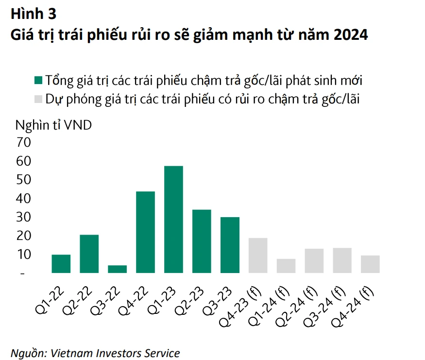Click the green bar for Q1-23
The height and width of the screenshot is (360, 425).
(173, 220)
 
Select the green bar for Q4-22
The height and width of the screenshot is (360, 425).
(145, 232)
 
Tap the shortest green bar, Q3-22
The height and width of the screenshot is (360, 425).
(117, 269)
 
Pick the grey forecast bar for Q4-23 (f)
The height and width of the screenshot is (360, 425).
(258, 256)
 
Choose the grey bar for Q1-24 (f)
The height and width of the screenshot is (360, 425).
(286, 266)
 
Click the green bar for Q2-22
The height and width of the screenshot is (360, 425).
(89, 254)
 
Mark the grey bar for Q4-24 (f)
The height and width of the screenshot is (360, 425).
(370, 264)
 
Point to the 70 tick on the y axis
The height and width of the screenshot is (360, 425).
(24, 143)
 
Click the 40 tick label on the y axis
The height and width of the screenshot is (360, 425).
(24, 198)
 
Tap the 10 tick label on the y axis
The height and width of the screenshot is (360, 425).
(24, 254)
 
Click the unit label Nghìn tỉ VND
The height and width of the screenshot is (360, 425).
(53, 124)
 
